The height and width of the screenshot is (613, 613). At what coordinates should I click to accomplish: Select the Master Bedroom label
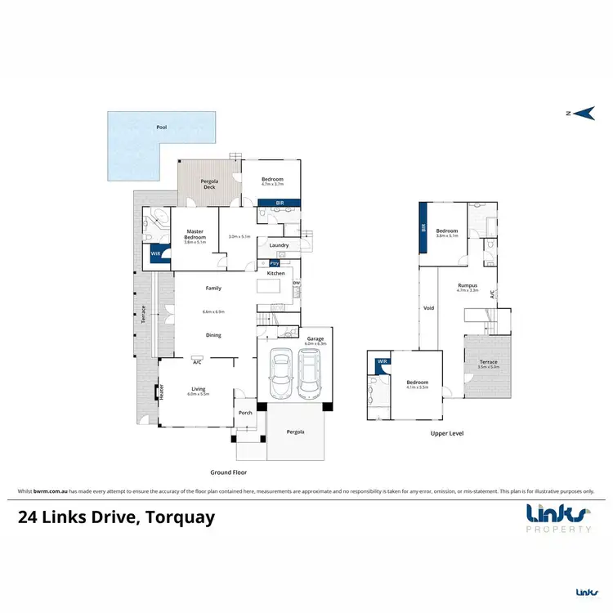[x=194, y=234]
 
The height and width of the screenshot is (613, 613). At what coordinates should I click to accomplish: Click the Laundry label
[x=279, y=245]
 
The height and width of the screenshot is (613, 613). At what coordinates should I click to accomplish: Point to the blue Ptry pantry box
[x=275, y=263]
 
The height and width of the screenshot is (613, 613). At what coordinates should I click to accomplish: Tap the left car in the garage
[x=281, y=372]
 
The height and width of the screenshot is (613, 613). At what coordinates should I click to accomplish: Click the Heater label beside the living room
[x=162, y=392]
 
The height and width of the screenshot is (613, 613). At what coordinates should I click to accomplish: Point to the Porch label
[x=245, y=413]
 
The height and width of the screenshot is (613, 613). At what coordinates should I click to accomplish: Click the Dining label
[x=213, y=335]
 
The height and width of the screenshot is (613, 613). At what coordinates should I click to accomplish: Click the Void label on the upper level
[x=428, y=308]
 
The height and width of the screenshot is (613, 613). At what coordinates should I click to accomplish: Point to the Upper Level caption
[x=446, y=433]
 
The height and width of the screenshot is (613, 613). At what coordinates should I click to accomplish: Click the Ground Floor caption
[x=228, y=472]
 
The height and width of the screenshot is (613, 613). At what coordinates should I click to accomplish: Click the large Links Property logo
[x=558, y=518]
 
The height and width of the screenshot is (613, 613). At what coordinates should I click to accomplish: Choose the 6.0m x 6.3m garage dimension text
[x=315, y=344]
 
